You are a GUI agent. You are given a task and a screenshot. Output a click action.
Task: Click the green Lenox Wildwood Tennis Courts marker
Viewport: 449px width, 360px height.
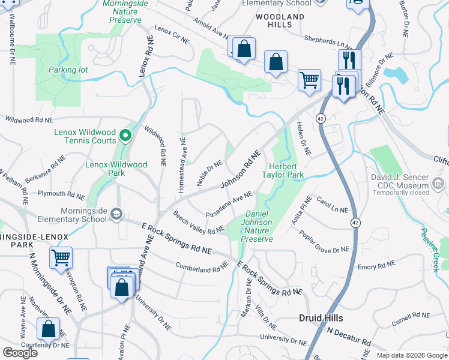[x=125, y=134]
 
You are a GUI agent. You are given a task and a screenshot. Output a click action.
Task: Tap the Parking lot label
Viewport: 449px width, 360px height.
[x=68, y=70]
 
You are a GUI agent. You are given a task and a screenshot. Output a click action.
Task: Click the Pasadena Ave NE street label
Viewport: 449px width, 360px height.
[x=229, y=205]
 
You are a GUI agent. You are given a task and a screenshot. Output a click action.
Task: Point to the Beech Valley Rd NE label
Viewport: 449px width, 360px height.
[x=197, y=223]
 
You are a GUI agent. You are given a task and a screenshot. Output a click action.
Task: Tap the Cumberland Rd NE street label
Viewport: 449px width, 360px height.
[x=202, y=266]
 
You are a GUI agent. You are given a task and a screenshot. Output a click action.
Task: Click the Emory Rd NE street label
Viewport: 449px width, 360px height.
[x=376, y=265]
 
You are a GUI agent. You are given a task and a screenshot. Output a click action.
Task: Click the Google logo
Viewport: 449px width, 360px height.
[x=20, y=353]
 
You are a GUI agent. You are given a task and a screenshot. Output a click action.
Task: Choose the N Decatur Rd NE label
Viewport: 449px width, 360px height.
[x=351, y=332]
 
